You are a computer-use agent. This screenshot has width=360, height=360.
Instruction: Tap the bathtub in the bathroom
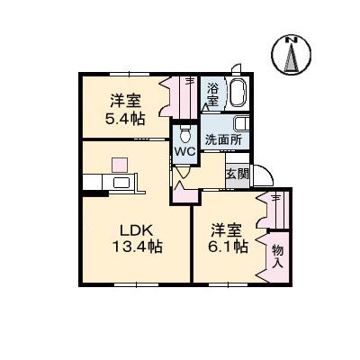pyautogui.click(x=239, y=94)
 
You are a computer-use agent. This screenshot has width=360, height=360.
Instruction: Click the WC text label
pyautogui.click(x=184, y=151)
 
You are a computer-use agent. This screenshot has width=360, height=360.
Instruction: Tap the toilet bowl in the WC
pyautogui.click(x=184, y=135)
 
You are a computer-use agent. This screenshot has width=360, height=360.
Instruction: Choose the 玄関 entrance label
pyautogui.click(x=237, y=174)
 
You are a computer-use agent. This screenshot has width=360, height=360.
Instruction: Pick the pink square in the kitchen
pyautogui.click(x=119, y=165)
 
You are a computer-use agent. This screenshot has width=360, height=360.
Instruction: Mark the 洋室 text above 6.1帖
pyautogui.click(x=229, y=229)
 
